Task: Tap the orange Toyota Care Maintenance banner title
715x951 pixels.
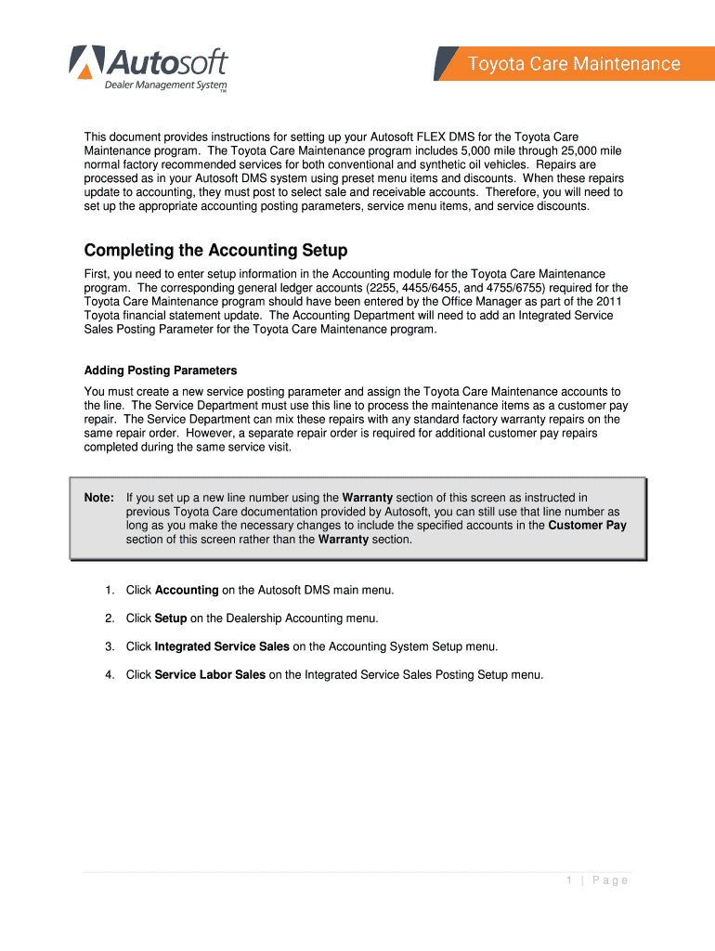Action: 573,64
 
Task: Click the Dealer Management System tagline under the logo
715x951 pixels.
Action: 164,86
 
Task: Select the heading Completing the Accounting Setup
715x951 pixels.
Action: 215,251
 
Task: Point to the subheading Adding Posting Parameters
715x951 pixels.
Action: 161,371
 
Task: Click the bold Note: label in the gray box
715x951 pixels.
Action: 99,498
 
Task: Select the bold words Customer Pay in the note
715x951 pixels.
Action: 587,526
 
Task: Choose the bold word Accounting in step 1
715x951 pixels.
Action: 187,591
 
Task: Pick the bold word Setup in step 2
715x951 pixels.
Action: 171,619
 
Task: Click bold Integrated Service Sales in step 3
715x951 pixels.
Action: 222,646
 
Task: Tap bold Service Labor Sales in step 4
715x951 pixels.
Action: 210,675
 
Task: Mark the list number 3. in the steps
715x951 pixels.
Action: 110,646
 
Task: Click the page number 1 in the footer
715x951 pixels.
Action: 568,880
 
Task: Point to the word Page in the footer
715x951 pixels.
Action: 610,880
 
